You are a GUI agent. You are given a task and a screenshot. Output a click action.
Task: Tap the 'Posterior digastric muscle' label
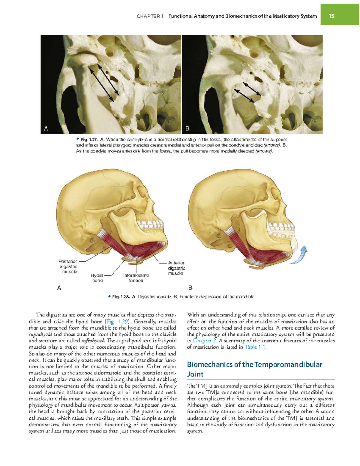68,266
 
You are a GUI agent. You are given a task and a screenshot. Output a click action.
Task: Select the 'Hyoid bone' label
97,278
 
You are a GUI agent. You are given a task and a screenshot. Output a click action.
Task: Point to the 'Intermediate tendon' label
136,278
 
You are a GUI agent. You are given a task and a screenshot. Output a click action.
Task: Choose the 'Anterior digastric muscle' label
176,268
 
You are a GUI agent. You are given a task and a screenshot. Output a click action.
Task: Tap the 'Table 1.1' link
255,347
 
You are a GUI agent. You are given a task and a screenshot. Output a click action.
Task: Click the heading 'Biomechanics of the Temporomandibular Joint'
254,369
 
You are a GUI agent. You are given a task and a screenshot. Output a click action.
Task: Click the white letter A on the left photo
46,128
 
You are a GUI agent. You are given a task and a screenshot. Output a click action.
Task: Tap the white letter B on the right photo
187,128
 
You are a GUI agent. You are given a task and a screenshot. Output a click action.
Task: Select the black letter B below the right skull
190,288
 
